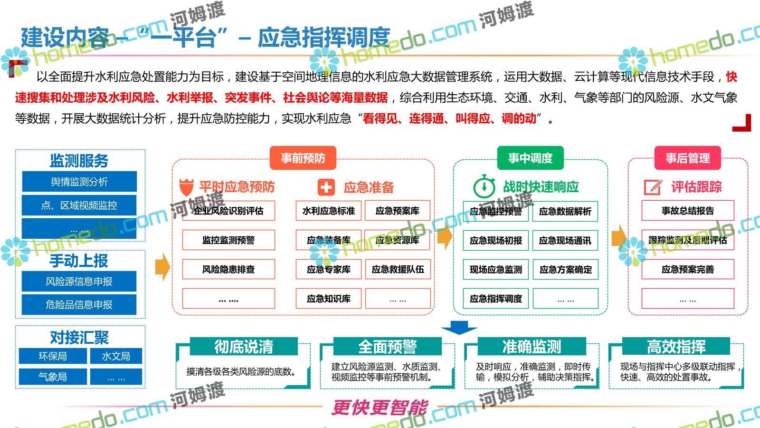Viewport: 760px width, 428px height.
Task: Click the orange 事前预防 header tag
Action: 303,158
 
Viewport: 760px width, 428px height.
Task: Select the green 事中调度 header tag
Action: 530,158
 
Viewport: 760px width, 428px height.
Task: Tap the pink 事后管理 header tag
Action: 687,158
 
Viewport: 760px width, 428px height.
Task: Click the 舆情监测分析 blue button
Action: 79,182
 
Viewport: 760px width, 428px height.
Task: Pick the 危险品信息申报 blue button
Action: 79,305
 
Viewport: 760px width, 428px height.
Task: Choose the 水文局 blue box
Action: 116,356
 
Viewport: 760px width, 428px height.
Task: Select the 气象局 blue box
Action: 53,377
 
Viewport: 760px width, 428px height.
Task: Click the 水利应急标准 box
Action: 329,211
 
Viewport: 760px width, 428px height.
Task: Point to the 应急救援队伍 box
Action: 398,270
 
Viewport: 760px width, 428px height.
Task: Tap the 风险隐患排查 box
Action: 228,270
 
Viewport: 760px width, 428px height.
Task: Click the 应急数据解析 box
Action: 565,211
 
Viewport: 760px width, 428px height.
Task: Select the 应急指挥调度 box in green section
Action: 496,299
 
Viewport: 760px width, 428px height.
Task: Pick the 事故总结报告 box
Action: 688,211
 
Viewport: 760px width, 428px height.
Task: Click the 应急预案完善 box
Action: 688,270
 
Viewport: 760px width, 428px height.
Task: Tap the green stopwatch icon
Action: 484,186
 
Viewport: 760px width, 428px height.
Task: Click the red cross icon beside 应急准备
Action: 326,187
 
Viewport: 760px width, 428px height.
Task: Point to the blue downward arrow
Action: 459,327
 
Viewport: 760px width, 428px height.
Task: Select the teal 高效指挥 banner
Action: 676,346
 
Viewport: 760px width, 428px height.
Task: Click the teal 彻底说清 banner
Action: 244,346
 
